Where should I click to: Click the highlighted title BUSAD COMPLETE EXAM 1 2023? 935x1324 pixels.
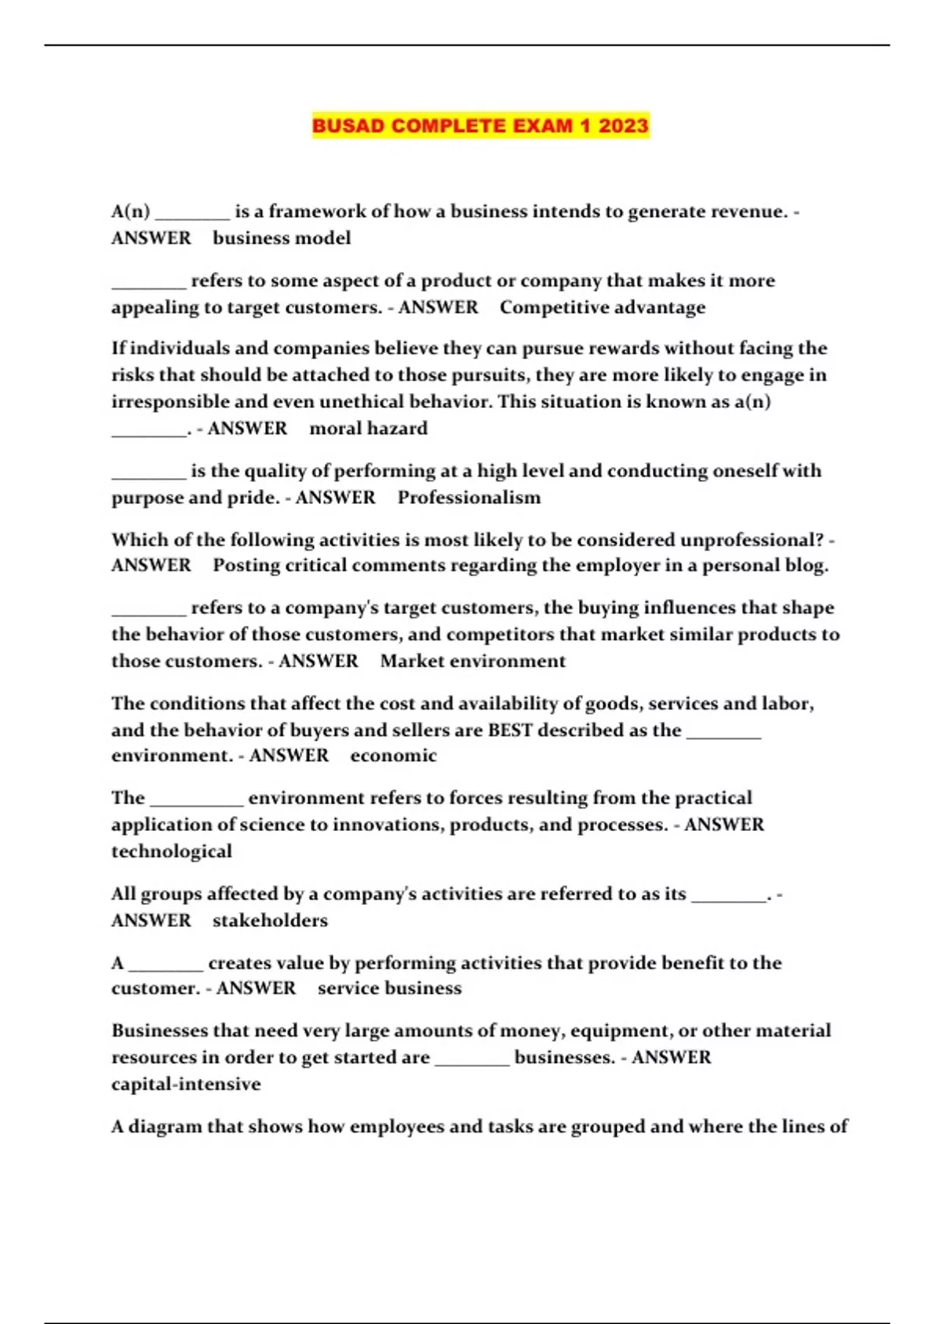(x=480, y=125)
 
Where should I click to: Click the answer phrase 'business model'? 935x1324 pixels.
(x=281, y=238)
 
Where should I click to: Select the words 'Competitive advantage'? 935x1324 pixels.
(x=602, y=308)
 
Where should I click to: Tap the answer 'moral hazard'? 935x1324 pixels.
(x=369, y=428)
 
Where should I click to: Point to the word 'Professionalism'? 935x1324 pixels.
(x=469, y=498)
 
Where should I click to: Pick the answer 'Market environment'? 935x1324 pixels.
(x=473, y=661)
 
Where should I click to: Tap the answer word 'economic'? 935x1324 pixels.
(x=393, y=755)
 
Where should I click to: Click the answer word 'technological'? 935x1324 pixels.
(x=171, y=851)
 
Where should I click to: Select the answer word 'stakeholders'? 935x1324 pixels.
(x=270, y=921)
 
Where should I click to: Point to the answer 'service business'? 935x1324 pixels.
(x=390, y=988)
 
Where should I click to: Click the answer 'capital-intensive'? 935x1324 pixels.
(x=185, y=1084)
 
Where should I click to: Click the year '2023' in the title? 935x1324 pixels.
(x=623, y=125)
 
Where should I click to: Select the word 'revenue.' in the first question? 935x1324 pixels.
(x=749, y=212)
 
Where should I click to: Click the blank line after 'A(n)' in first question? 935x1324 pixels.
(x=192, y=213)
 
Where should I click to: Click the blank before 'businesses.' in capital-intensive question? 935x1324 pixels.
(x=471, y=1059)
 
